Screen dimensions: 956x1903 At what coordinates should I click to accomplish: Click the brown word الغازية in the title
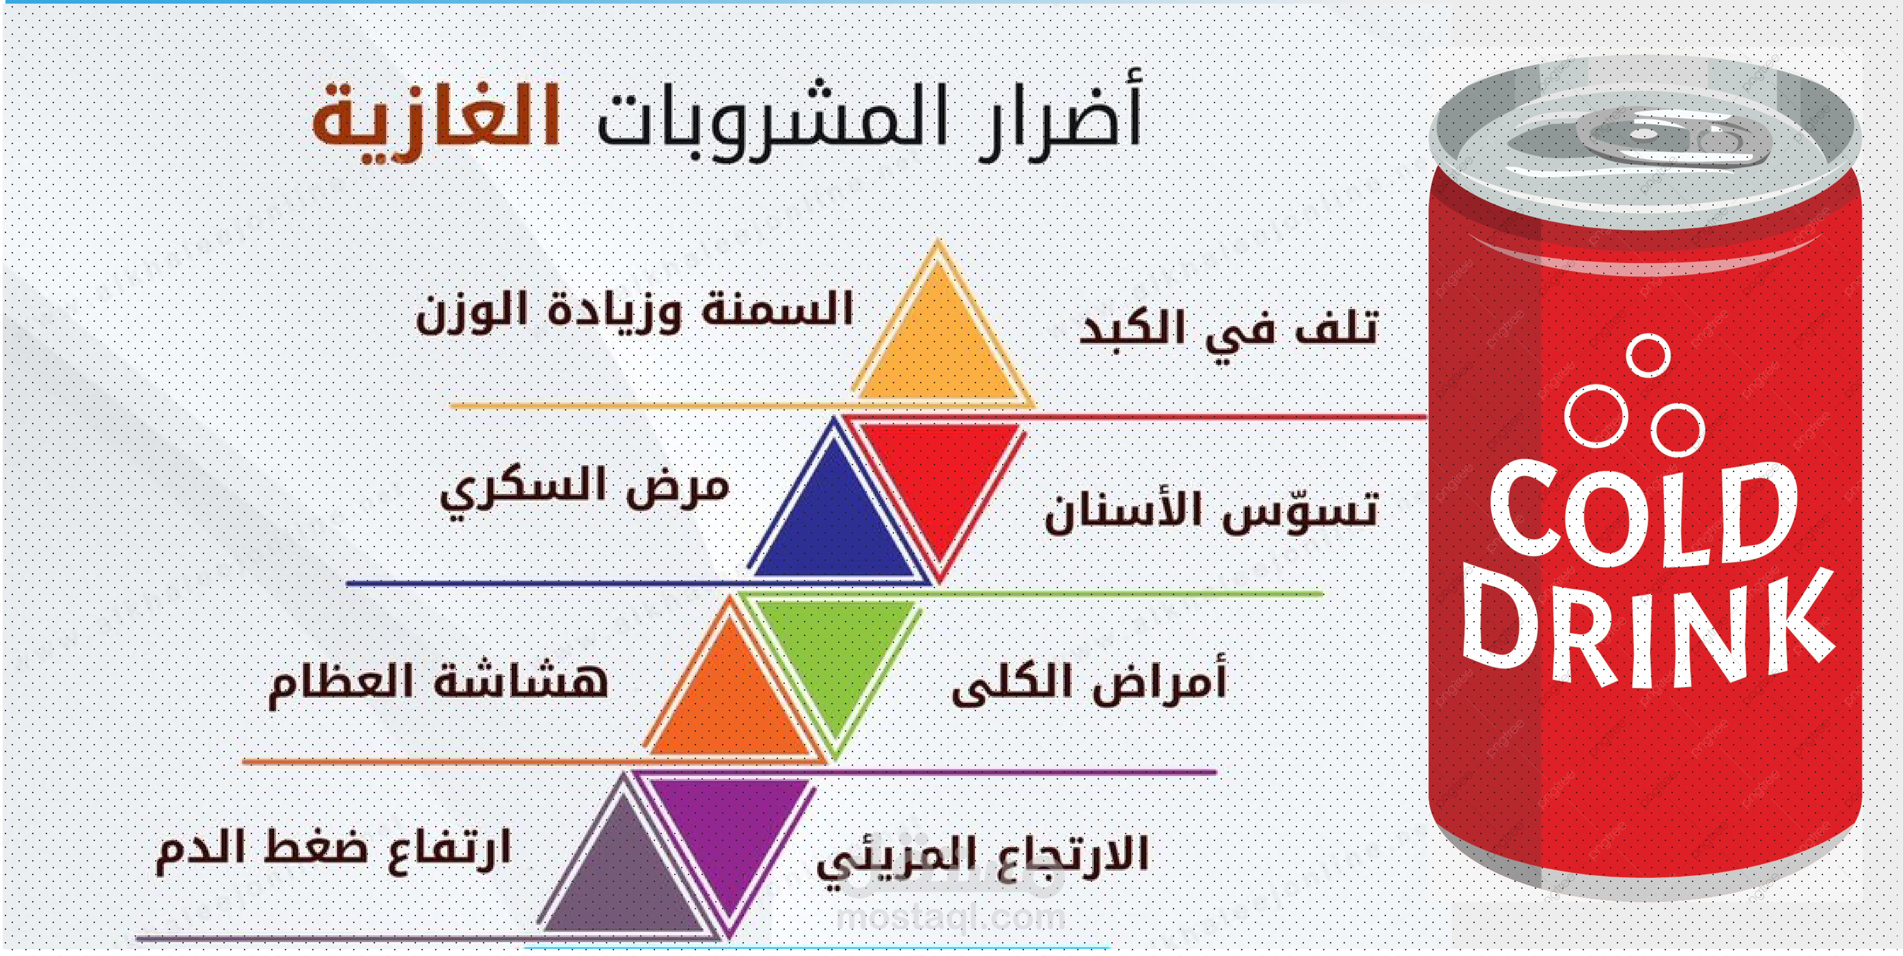(x=436, y=122)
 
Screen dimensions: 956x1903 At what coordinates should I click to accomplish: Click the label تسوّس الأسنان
(x=1212, y=510)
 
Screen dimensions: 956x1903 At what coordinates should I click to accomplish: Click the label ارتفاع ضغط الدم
(x=332, y=850)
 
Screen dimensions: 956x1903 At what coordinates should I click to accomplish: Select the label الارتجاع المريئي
(x=982, y=857)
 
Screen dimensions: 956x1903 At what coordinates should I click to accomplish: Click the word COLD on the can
(x=1644, y=514)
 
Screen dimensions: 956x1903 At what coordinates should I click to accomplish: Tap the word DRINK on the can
(x=1647, y=628)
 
